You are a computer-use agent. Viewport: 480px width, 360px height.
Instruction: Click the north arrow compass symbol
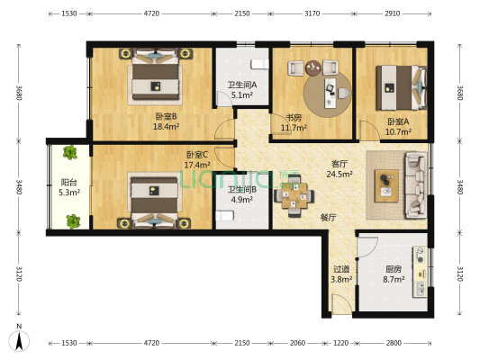click(19, 341)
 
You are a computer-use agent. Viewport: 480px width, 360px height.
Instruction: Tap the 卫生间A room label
click(242, 85)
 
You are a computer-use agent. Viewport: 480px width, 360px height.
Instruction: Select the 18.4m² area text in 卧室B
click(166, 126)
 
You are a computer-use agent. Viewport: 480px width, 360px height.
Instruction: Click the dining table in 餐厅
click(294, 196)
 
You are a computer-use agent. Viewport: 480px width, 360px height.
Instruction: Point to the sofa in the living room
click(416, 185)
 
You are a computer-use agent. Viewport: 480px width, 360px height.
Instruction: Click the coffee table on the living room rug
click(386, 185)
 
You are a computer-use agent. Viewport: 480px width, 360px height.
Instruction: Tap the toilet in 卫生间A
click(259, 64)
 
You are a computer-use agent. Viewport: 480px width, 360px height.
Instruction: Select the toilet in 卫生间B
click(225, 215)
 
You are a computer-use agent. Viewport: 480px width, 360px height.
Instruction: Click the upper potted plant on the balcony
click(70, 152)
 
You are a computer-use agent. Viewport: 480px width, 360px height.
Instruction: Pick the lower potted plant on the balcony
click(73, 221)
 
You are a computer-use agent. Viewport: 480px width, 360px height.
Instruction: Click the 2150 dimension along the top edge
click(242, 13)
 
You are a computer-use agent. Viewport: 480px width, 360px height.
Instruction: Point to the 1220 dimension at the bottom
click(340, 343)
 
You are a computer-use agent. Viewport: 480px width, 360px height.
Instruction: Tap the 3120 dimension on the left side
click(19, 274)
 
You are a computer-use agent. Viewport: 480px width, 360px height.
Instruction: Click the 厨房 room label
click(394, 269)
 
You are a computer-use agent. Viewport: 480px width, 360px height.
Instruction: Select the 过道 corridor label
click(341, 269)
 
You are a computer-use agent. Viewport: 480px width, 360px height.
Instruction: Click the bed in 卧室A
click(401, 88)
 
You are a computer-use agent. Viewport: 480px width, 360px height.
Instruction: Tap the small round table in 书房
click(313, 67)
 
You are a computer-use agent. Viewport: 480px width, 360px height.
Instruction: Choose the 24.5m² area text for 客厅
click(340, 175)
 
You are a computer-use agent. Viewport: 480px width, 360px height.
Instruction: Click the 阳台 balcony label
click(68, 183)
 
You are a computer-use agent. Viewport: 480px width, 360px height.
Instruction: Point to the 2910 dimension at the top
click(392, 13)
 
